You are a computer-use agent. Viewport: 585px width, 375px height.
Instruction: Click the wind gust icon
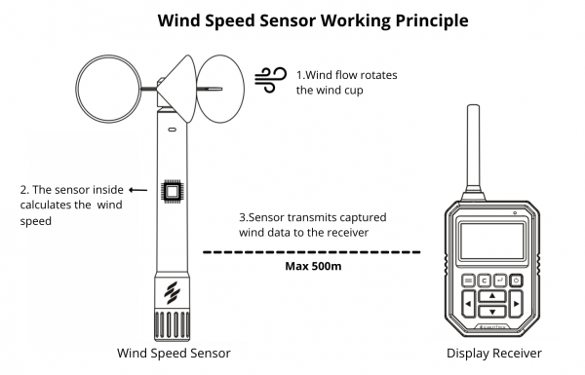(267, 80)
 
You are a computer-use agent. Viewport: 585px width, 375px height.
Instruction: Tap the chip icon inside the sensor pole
(174, 192)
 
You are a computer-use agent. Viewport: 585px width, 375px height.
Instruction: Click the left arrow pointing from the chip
(138, 191)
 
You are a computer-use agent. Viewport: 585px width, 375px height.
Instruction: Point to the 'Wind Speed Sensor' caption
(173, 352)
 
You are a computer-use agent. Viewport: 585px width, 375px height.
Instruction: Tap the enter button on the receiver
(500, 281)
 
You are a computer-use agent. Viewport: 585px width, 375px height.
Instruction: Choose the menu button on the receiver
(468, 281)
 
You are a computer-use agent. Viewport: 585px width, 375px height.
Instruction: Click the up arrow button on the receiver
(491, 295)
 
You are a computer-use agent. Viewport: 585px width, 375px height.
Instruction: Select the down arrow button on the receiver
(491, 312)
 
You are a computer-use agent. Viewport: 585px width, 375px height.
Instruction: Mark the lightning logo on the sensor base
(173, 290)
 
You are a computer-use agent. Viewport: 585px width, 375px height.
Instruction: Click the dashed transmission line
(311, 251)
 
